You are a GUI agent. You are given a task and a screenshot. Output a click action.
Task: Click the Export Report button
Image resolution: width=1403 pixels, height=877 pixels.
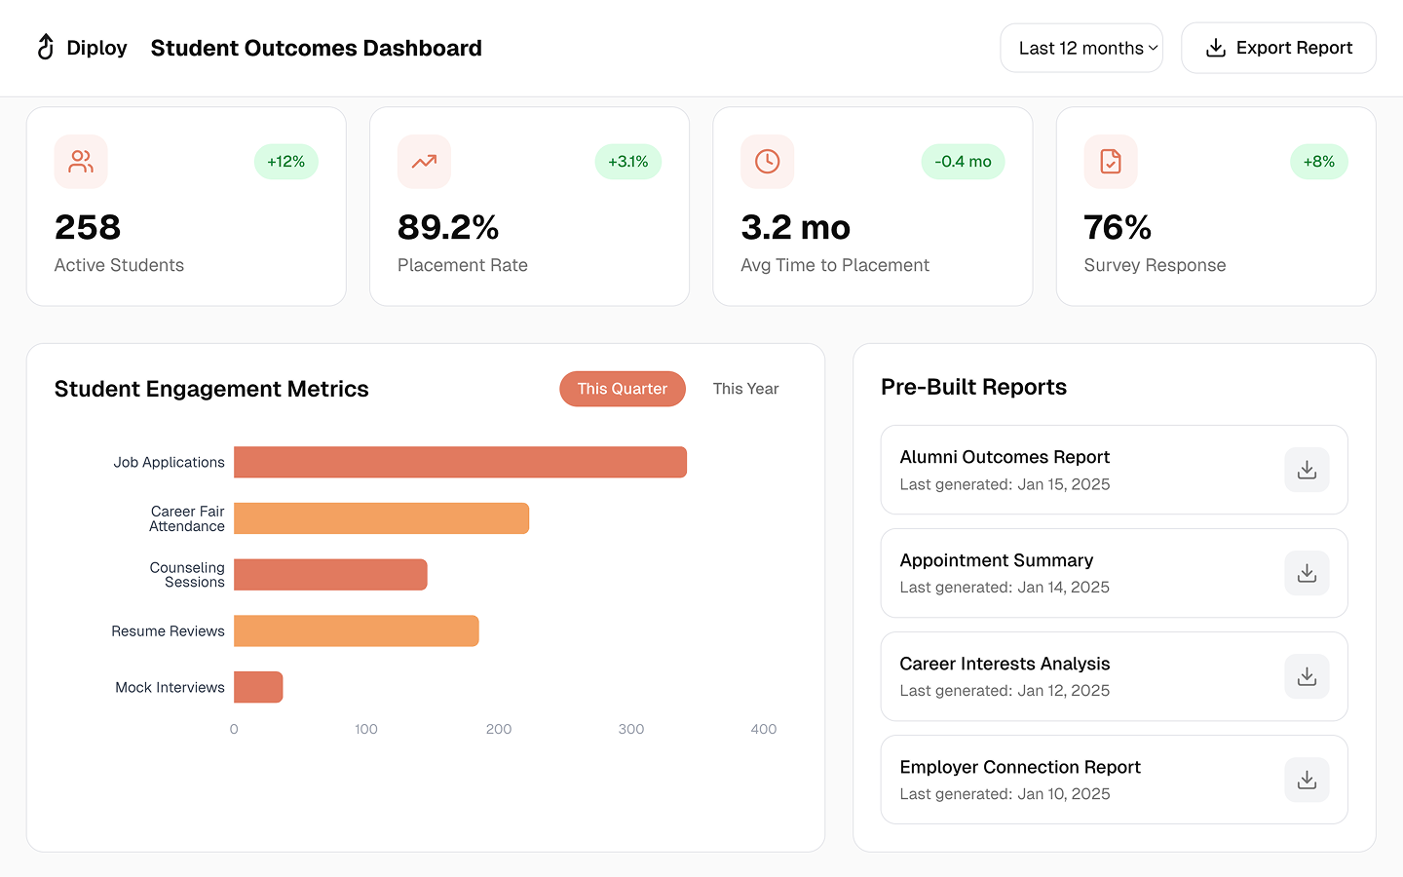point(1278,48)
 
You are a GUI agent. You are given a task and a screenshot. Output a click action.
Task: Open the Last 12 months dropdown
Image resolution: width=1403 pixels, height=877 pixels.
point(1081,48)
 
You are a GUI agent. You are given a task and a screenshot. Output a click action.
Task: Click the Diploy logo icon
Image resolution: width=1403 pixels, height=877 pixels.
point(46,47)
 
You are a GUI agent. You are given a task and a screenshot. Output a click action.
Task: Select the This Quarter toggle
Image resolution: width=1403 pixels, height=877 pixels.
point(622,389)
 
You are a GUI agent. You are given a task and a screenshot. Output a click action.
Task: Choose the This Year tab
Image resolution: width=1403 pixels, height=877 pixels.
point(745,389)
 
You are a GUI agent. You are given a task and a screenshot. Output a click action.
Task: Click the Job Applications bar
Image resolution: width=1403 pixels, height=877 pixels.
point(460,462)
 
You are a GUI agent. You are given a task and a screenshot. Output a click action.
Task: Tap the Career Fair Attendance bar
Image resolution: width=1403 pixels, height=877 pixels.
point(381,518)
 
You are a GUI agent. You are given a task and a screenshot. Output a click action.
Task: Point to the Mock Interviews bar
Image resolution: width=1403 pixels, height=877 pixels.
point(258,687)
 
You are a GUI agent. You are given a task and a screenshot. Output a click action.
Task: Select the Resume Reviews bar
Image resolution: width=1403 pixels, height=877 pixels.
point(356,630)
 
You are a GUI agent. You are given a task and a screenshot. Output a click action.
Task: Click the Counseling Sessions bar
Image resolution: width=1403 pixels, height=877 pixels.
point(330,575)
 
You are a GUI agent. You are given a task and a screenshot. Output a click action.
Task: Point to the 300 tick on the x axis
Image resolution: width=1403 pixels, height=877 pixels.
point(631,729)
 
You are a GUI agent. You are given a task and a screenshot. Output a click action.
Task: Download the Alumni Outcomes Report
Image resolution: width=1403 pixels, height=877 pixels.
point(1307,470)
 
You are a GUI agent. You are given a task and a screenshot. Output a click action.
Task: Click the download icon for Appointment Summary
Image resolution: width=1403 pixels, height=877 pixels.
point(1307,573)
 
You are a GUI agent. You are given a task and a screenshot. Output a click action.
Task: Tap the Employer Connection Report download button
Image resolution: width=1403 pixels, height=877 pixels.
point(1307,780)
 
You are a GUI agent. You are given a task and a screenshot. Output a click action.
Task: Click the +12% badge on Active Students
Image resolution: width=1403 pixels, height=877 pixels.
point(286,162)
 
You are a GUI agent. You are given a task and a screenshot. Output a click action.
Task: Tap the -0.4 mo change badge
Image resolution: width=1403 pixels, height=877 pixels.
point(963,162)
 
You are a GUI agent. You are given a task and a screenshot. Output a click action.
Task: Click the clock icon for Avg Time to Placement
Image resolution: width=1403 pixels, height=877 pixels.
point(768,162)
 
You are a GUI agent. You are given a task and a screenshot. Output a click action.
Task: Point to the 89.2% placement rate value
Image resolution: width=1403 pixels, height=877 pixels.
point(448,227)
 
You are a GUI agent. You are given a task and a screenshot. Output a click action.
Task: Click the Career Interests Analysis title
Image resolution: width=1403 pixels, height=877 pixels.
point(1005,664)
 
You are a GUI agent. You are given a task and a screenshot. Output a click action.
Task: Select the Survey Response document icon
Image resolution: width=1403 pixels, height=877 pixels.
point(1111,162)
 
